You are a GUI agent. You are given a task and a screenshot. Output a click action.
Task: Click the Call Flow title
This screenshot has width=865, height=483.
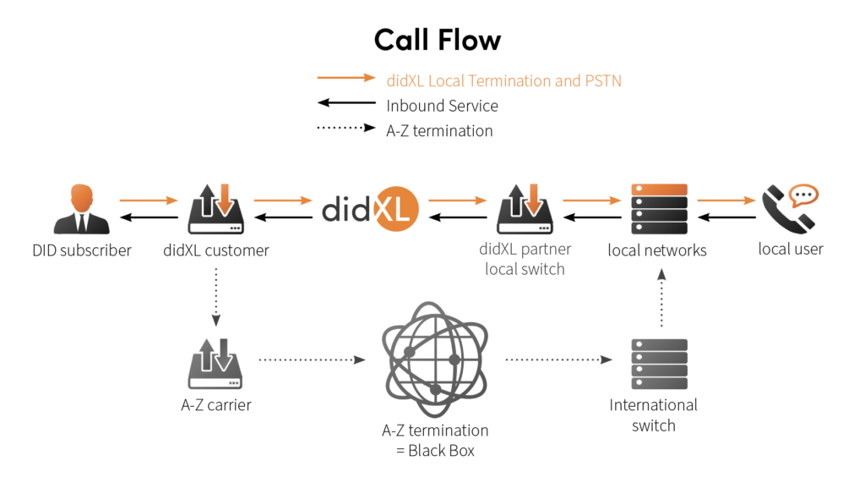(x=438, y=39)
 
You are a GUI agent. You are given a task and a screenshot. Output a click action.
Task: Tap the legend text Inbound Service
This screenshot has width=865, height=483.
(x=442, y=106)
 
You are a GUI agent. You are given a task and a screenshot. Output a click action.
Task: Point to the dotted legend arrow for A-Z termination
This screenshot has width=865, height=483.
(x=346, y=129)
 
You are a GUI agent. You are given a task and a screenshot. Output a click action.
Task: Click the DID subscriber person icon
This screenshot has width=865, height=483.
(x=81, y=209)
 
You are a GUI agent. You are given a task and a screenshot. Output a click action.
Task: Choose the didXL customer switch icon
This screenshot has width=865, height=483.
(x=216, y=209)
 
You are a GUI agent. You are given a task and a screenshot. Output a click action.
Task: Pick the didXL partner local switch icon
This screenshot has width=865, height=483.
(x=525, y=209)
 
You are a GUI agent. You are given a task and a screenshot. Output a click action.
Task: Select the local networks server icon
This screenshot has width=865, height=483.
(x=659, y=209)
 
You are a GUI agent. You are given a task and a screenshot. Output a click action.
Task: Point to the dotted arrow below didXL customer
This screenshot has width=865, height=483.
(x=216, y=296)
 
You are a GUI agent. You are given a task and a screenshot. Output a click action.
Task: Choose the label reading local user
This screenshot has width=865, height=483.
(x=791, y=250)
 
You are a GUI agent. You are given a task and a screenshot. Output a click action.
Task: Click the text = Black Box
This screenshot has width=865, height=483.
(x=435, y=450)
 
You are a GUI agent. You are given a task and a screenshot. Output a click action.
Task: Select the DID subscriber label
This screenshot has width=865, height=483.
(x=82, y=250)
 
